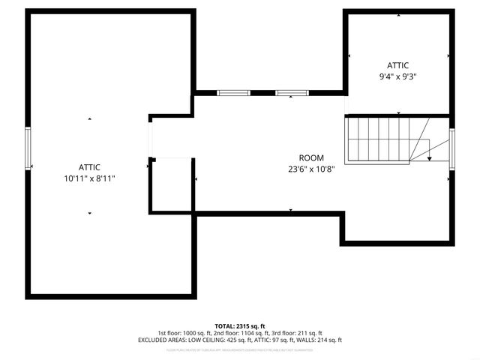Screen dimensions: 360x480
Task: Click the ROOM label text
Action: [x=311, y=157]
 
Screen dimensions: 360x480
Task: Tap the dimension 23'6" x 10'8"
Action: [x=311, y=169]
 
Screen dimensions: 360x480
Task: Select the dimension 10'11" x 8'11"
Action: [x=89, y=178]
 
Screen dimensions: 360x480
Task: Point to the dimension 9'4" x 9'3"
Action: [x=397, y=76]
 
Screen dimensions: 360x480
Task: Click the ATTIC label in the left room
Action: [x=89, y=166]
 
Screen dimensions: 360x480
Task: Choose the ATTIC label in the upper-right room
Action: [x=397, y=65]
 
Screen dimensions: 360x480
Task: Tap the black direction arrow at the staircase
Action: [x=429, y=157]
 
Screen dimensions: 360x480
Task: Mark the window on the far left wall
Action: [x=28, y=148]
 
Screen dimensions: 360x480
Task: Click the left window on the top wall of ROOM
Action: [x=232, y=93]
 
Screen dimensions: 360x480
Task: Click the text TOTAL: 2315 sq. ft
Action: [x=239, y=325]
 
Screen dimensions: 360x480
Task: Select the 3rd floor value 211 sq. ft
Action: [x=307, y=333]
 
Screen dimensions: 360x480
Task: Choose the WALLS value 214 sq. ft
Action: [x=327, y=340]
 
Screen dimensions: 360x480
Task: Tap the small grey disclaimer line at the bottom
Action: [x=239, y=349]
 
